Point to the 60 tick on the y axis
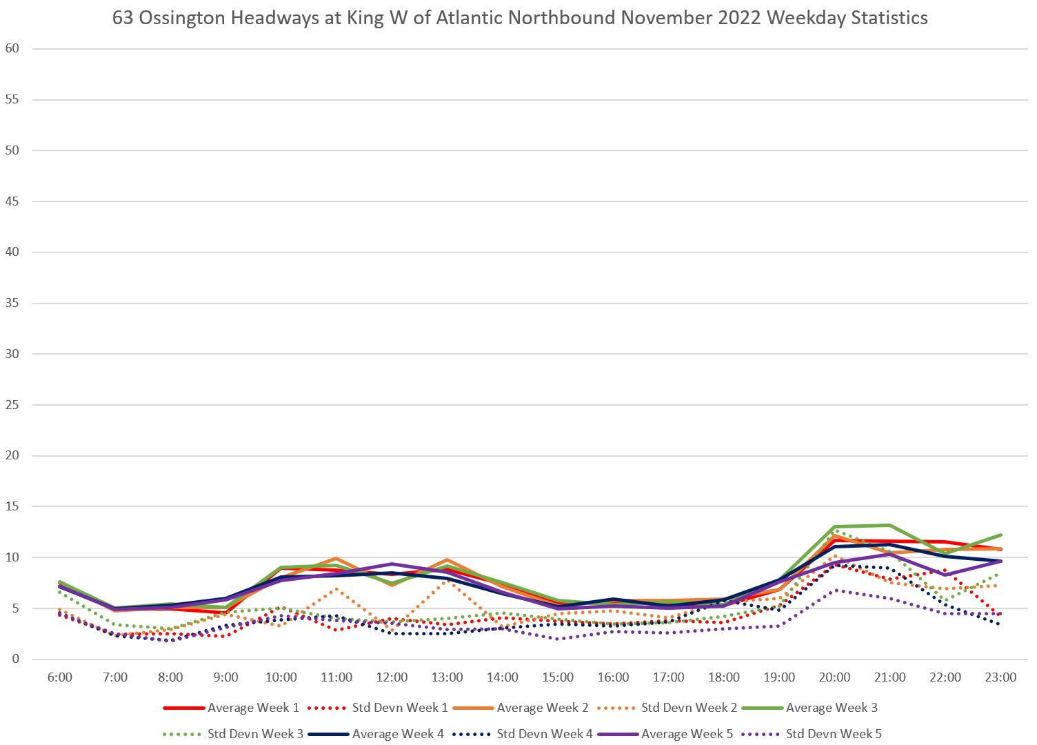click(x=12, y=48)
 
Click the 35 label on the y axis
click(x=12, y=303)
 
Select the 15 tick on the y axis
click(x=12, y=506)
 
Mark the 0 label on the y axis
click(x=15, y=659)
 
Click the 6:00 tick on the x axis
click(x=60, y=677)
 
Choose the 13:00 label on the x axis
click(x=447, y=677)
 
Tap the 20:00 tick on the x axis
click(x=834, y=677)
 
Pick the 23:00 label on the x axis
click(x=1000, y=677)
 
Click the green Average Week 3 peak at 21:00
click(x=889, y=526)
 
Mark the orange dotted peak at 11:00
click(x=336, y=589)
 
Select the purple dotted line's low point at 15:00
click(x=558, y=639)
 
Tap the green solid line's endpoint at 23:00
click(x=1000, y=535)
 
